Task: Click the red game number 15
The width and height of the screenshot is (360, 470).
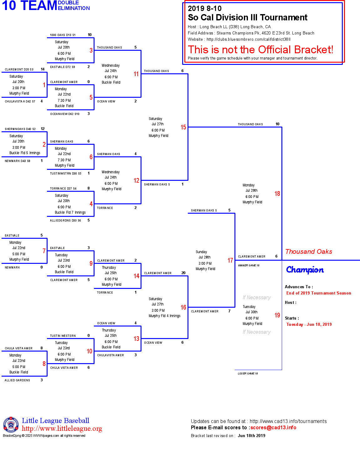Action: click(x=183, y=127)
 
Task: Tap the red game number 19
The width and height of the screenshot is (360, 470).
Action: click(x=277, y=315)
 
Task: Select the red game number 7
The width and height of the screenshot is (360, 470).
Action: click(x=44, y=251)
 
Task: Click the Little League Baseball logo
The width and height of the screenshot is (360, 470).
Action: click(x=11, y=425)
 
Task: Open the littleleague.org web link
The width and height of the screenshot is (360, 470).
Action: click(x=62, y=429)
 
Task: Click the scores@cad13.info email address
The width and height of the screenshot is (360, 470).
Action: click(x=273, y=428)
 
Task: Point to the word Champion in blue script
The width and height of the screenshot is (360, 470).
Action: click(x=305, y=270)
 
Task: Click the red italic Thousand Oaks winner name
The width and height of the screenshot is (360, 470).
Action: click(x=309, y=252)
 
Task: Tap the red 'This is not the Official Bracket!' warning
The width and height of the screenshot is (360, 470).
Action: click(x=260, y=50)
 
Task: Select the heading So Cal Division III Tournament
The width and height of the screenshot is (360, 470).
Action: click(x=248, y=18)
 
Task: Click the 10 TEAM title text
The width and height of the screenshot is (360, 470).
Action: click(x=29, y=6)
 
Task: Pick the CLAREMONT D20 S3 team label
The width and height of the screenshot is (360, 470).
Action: click(x=19, y=70)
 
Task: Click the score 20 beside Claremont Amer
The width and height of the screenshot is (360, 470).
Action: click(x=183, y=273)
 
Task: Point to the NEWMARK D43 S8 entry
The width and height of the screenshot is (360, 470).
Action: click(x=18, y=161)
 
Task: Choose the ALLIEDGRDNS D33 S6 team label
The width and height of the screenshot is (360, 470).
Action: click(x=65, y=221)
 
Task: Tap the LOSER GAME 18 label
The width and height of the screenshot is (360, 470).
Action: click(x=248, y=373)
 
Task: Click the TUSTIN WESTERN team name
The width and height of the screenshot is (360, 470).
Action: click(x=63, y=336)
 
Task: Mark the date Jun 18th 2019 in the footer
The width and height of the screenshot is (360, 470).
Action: click(x=251, y=436)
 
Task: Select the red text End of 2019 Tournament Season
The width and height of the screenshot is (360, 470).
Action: click(x=319, y=293)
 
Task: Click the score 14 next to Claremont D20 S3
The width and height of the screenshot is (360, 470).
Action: click(x=43, y=69)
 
